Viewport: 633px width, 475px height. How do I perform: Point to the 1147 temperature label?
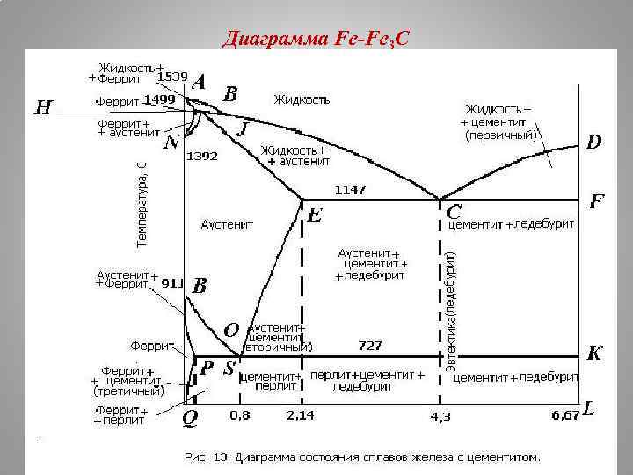350,189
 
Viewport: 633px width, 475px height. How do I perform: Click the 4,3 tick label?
440,416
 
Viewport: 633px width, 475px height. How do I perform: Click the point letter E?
314,214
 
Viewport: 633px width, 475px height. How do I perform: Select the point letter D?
595,142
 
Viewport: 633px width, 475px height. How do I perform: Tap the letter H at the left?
43,108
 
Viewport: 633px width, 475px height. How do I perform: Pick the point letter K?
594,354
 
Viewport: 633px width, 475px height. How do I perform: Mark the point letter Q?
189,420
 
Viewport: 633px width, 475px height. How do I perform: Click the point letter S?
229,369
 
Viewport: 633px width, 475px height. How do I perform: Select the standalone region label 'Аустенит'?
228,224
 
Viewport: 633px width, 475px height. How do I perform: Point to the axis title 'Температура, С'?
142,200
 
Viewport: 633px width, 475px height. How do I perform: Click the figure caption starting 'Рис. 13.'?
362,457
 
